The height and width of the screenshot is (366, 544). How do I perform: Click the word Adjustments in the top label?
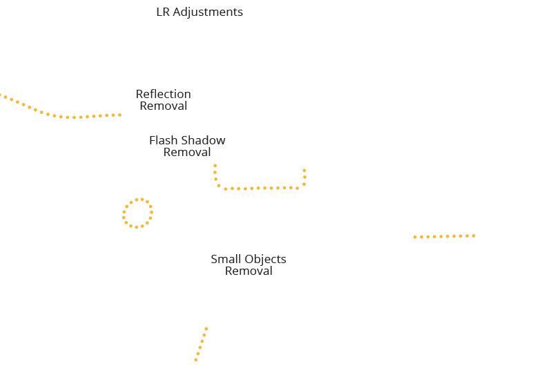point(208,12)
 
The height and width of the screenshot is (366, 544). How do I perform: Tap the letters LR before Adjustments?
point(164,12)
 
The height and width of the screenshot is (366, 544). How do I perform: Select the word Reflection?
point(164,94)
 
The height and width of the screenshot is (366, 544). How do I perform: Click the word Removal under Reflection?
point(164,105)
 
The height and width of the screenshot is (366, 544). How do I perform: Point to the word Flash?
point(164,140)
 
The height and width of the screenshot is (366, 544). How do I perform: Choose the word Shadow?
point(204,140)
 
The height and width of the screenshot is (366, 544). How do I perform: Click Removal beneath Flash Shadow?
point(187,151)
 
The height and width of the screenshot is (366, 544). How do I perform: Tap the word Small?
point(226,260)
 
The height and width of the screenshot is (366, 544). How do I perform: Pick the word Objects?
point(266,260)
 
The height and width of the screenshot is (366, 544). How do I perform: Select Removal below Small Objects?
point(249,271)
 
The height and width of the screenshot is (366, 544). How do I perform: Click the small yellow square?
point(137,213)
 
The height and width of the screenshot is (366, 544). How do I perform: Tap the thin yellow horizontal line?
point(444,236)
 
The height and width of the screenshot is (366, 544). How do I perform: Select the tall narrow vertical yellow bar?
point(201,344)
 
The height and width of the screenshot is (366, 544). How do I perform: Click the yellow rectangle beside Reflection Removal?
point(61,106)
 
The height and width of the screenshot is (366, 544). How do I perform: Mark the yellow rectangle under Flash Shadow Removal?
point(260,177)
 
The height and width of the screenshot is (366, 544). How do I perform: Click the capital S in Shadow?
point(185,140)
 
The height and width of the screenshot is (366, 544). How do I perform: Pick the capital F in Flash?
point(153,140)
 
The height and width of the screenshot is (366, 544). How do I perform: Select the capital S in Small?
point(215,260)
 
